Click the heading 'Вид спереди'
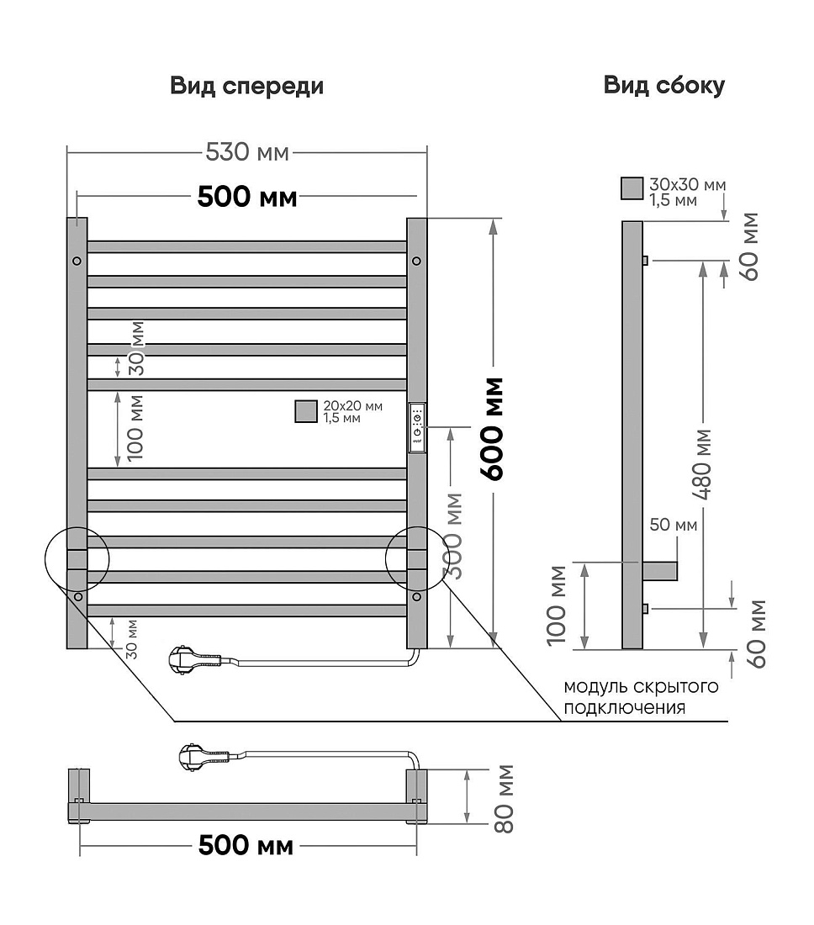point(246,86)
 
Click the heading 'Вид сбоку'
point(663,86)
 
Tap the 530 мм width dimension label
point(247,152)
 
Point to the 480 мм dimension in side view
point(703,463)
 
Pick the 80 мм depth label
point(504,799)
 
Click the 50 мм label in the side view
point(673,525)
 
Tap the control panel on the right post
point(417,428)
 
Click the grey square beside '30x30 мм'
point(632,188)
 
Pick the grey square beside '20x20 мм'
point(306,411)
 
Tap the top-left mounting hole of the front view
point(77,261)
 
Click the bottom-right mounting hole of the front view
point(417,597)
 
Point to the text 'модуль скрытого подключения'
point(641,697)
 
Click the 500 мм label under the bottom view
point(246,845)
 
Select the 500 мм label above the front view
point(247,197)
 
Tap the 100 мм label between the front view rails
point(135,428)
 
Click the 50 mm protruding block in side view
point(659,571)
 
